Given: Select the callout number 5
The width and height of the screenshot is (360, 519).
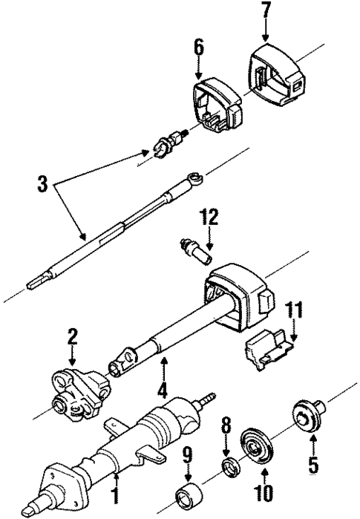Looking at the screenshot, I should [x=313, y=468].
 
